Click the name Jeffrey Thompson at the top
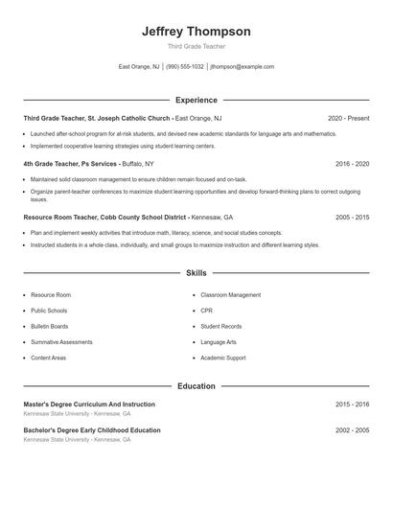point(196,31)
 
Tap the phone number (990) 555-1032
point(185,67)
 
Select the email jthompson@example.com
point(243,67)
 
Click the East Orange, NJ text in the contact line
point(139,67)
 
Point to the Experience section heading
point(196,100)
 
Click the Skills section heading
point(196,273)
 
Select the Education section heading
point(196,386)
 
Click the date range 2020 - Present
point(348,118)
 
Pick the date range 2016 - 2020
point(352,164)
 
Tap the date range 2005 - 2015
point(352,218)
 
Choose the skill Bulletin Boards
point(49,326)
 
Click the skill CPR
point(206,311)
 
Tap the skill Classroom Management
point(230,295)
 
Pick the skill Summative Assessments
point(61,342)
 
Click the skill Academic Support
point(223,358)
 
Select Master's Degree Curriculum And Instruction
point(89,404)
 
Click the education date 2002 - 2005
point(352,431)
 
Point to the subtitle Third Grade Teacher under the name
point(196,46)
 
